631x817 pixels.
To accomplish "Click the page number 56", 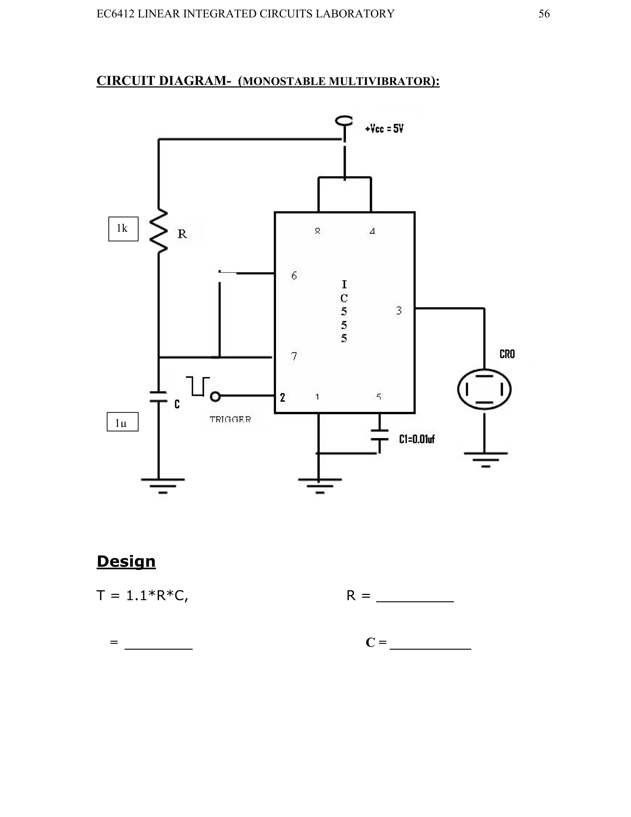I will pos(544,14).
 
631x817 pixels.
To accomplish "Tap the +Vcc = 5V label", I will pos(384,129).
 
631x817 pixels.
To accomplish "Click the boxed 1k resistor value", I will pos(123,228).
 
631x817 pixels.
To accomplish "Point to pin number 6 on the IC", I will pos(294,276).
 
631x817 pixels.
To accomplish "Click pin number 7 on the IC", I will pos(294,356).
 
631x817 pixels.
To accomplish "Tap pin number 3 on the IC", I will pos(399,310).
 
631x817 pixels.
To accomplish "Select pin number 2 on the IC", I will pos(283,397).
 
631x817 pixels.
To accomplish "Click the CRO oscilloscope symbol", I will pos(484,389).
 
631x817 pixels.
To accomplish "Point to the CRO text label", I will pos(507,354).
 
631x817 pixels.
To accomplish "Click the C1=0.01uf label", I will pos(417,439).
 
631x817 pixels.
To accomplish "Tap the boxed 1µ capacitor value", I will pos(122,422).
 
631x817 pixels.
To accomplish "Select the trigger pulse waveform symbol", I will pos(198,386).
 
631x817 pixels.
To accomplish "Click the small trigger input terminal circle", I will pos(215,396).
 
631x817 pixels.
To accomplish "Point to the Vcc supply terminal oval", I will pos(344,121).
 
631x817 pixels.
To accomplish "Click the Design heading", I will pos(126,561).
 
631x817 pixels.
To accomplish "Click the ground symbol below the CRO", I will pos(486,459).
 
